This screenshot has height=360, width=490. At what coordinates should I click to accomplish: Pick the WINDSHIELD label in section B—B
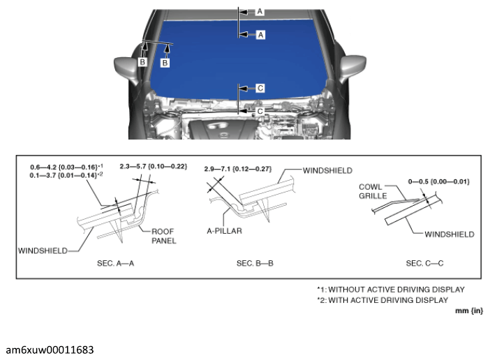click(328, 170)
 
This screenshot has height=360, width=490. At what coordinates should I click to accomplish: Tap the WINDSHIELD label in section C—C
click(450, 235)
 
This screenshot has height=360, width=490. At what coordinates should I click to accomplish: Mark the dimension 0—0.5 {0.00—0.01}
click(438, 181)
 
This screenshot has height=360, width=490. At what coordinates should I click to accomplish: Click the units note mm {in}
click(469, 311)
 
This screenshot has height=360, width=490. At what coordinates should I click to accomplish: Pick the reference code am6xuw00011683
click(50, 348)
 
